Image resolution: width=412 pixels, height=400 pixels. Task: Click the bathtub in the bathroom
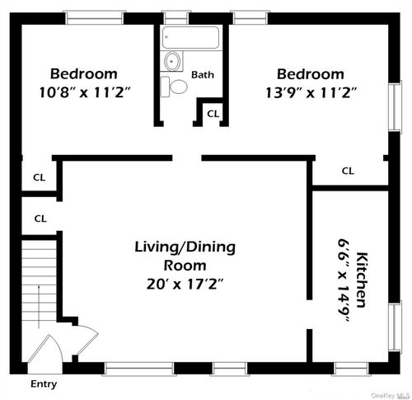click(191, 38)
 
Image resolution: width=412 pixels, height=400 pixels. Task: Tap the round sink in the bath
click(173, 61)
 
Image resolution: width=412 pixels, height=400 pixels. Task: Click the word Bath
click(203, 74)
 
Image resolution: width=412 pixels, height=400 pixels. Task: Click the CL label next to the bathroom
click(213, 113)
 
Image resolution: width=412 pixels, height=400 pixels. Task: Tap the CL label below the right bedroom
click(348, 171)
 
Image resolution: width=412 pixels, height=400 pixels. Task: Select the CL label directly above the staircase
click(39, 219)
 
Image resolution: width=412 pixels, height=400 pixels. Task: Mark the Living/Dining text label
click(185, 247)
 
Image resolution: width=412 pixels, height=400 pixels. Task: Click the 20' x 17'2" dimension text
click(185, 285)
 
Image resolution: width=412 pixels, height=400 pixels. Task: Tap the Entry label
click(44, 384)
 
